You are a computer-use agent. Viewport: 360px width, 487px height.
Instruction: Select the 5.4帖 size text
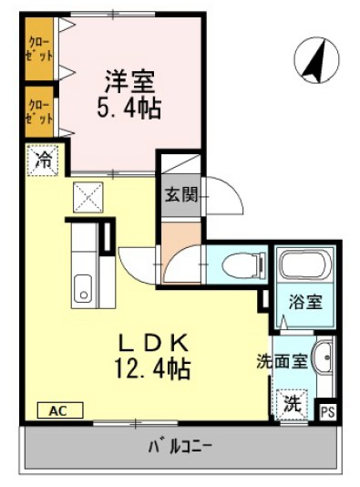pyautogui.click(x=129, y=109)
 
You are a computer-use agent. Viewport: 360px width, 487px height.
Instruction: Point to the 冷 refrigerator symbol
pyautogui.click(x=42, y=161)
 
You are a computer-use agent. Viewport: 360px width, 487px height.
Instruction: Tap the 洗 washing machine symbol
pyautogui.click(x=291, y=401)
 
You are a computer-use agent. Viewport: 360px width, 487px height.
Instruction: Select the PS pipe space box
pyautogui.click(x=326, y=412)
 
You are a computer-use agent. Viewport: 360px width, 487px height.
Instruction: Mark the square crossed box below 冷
pyautogui.click(x=88, y=195)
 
